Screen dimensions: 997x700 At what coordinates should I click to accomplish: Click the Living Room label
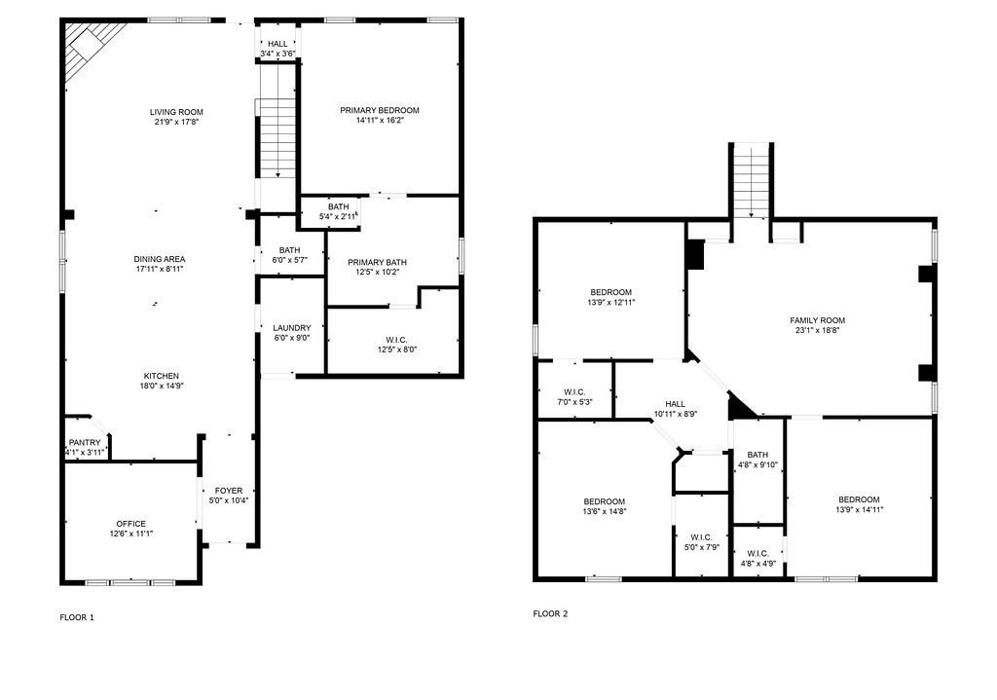[x=176, y=112]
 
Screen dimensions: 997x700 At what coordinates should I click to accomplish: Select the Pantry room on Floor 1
[x=86, y=438]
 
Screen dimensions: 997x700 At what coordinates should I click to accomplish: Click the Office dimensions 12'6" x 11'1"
[x=131, y=534]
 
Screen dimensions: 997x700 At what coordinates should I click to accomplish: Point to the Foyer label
[x=228, y=490]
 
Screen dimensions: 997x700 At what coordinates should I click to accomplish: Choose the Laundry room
[x=292, y=325]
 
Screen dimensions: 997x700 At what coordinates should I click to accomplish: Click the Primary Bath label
[x=377, y=262]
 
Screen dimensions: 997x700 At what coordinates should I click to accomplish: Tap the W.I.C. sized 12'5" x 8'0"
[x=393, y=341]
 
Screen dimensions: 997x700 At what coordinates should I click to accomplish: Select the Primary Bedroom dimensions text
[x=380, y=120]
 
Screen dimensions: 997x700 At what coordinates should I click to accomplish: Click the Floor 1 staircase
[x=277, y=138]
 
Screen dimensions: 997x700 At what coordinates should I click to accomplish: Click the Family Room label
[x=817, y=320]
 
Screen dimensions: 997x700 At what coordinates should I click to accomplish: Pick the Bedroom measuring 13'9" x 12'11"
[x=611, y=290]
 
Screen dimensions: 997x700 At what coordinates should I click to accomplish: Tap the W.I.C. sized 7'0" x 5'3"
[x=574, y=389]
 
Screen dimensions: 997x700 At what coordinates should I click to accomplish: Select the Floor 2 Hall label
[x=676, y=404]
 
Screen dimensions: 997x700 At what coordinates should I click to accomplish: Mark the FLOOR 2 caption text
[x=550, y=613]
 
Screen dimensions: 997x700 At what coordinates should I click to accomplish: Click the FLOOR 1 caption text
[x=77, y=616]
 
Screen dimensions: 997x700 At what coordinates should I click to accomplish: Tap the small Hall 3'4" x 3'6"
[x=277, y=43]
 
